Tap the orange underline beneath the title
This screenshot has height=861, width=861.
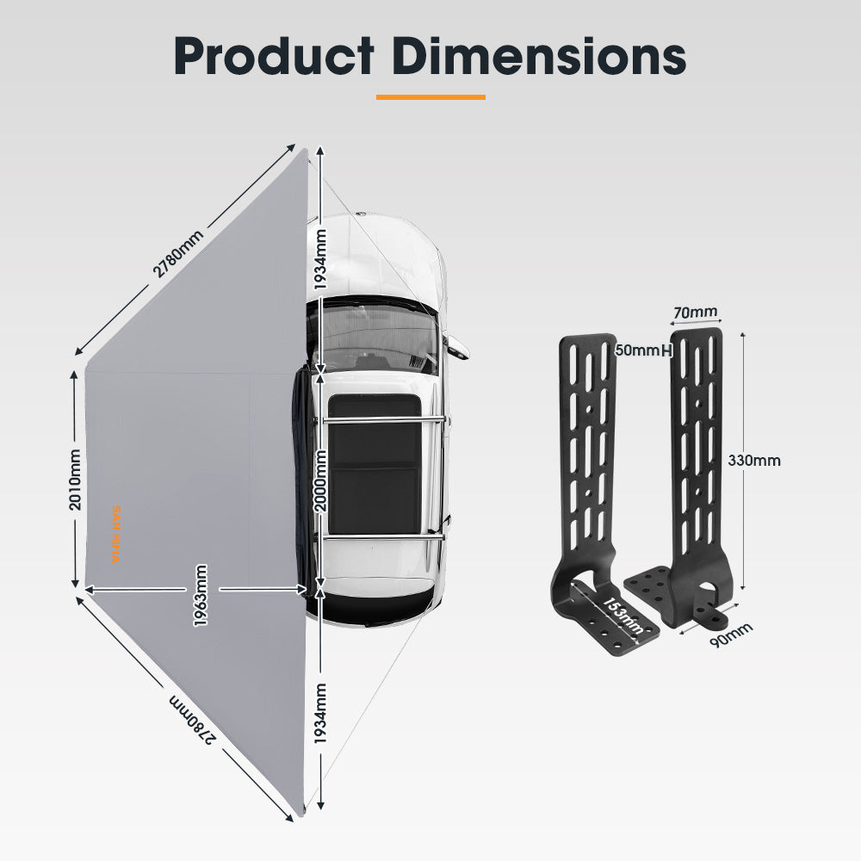click(430, 97)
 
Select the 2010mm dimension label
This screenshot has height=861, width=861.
click(76, 479)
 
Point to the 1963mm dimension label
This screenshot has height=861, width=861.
click(201, 594)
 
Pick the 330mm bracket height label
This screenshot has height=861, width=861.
click(754, 461)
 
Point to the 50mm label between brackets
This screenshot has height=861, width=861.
click(638, 350)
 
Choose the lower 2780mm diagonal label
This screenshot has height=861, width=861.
click(191, 719)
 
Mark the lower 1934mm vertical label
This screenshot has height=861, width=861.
click(320, 713)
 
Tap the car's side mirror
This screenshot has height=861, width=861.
click(457, 346)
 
